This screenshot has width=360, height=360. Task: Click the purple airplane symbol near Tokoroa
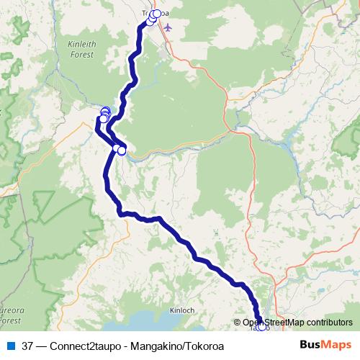pos(168,27)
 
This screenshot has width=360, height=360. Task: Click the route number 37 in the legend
pos(28,346)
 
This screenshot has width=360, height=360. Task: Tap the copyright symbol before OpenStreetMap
pos(237,323)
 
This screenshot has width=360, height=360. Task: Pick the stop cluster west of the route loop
pos(104,114)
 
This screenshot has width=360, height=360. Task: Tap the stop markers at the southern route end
pos(261,326)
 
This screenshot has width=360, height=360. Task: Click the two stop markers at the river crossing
pos(120,150)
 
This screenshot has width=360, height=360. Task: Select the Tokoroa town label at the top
pos(156,12)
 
